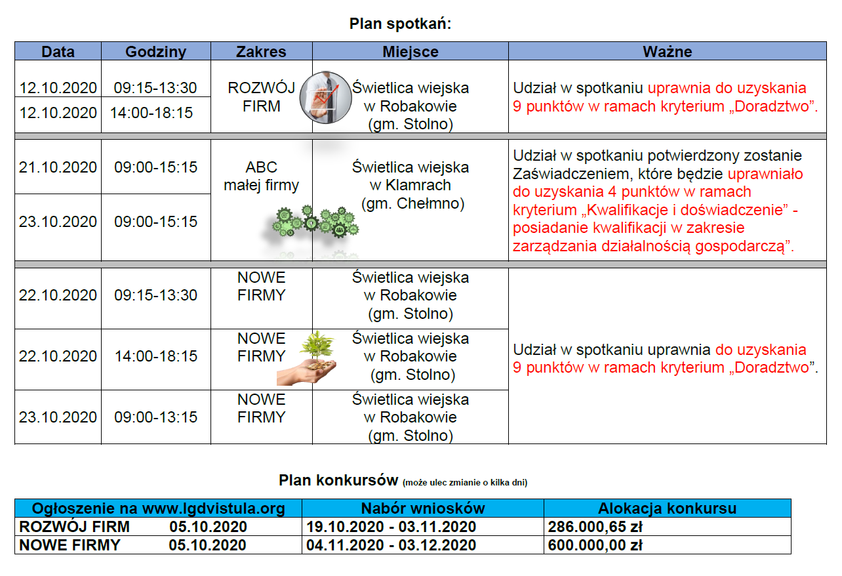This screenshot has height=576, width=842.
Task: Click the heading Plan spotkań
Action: click(400, 24)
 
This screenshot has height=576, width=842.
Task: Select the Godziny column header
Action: click(156, 52)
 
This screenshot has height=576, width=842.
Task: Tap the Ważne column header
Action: click(667, 52)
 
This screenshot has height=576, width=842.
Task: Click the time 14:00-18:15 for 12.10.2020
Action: click(151, 113)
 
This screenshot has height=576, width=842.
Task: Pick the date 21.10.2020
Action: click(58, 167)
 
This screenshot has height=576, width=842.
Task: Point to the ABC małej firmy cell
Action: click(261, 176)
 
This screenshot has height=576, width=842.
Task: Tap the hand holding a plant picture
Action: click(308, 358)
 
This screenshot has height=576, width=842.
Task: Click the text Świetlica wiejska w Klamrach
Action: click(411, 176)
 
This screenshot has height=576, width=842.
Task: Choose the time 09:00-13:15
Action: click(156, 417)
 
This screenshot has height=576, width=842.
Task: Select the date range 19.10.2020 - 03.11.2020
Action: click(391, 527)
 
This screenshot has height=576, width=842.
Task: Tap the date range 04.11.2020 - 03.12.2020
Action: click(391, 545)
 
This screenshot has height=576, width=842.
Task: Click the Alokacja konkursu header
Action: click(667, 508)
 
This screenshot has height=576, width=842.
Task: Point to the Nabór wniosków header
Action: click(423, 508)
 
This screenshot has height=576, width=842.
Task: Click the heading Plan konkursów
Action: click(338, 480)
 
